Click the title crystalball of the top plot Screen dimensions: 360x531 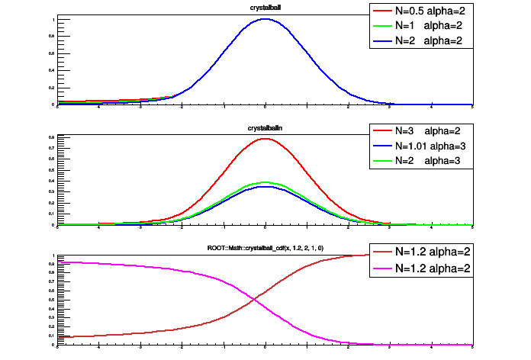pyautogui.click(x=265, y=8)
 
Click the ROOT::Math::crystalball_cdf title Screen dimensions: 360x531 pyautogui.click(x=265, y=248)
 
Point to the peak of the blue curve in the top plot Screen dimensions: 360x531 pyautogui.click(x=265, y=19)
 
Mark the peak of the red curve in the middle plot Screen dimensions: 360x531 pyautogui.click(x=265, y=139)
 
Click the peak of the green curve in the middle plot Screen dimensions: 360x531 pyautogui.click(x=265, y=182)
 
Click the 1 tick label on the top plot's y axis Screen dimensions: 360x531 pyautogui.click(x=53, y=18)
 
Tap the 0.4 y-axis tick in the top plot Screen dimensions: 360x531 pyautogui.click(x=51, y=70)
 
